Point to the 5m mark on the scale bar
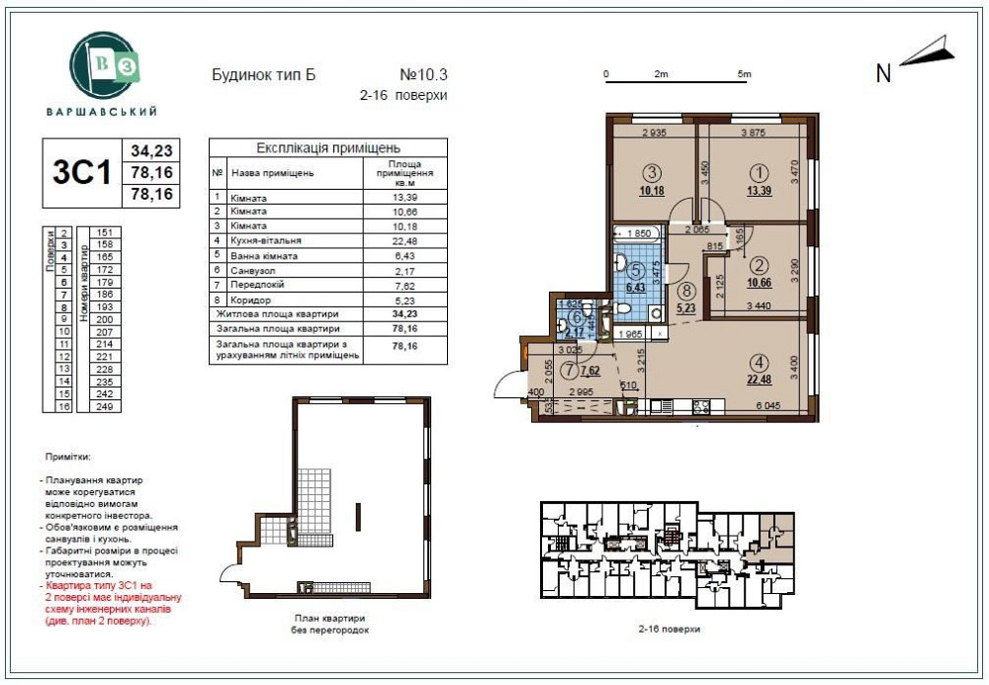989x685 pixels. coord(744,75)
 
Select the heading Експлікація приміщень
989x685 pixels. coord(327,147)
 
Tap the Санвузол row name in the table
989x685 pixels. coord(255,269)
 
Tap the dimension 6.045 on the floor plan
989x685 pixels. coord(767,405)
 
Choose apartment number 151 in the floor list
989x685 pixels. coord(102,232)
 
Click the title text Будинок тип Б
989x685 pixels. coord(263,75)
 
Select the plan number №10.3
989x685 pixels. coord(423,75)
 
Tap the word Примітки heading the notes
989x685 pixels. coord(68,459)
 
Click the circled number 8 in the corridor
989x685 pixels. coord(686,292)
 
